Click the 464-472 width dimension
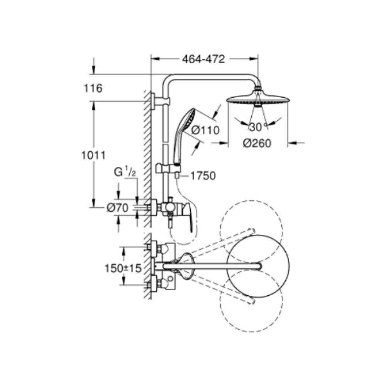click(x=203, y=59)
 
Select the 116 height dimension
click(x=93, y=88)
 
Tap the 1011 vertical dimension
click(x=93, y=155)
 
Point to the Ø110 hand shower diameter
click(x=205, y=130)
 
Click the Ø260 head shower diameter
click(x=257, y=143)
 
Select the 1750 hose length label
click(x=203, y=176)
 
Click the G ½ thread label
click(x=125, y=172)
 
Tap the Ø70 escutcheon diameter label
click(x=117, y=208)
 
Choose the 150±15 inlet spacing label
click(x=123, y=268)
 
